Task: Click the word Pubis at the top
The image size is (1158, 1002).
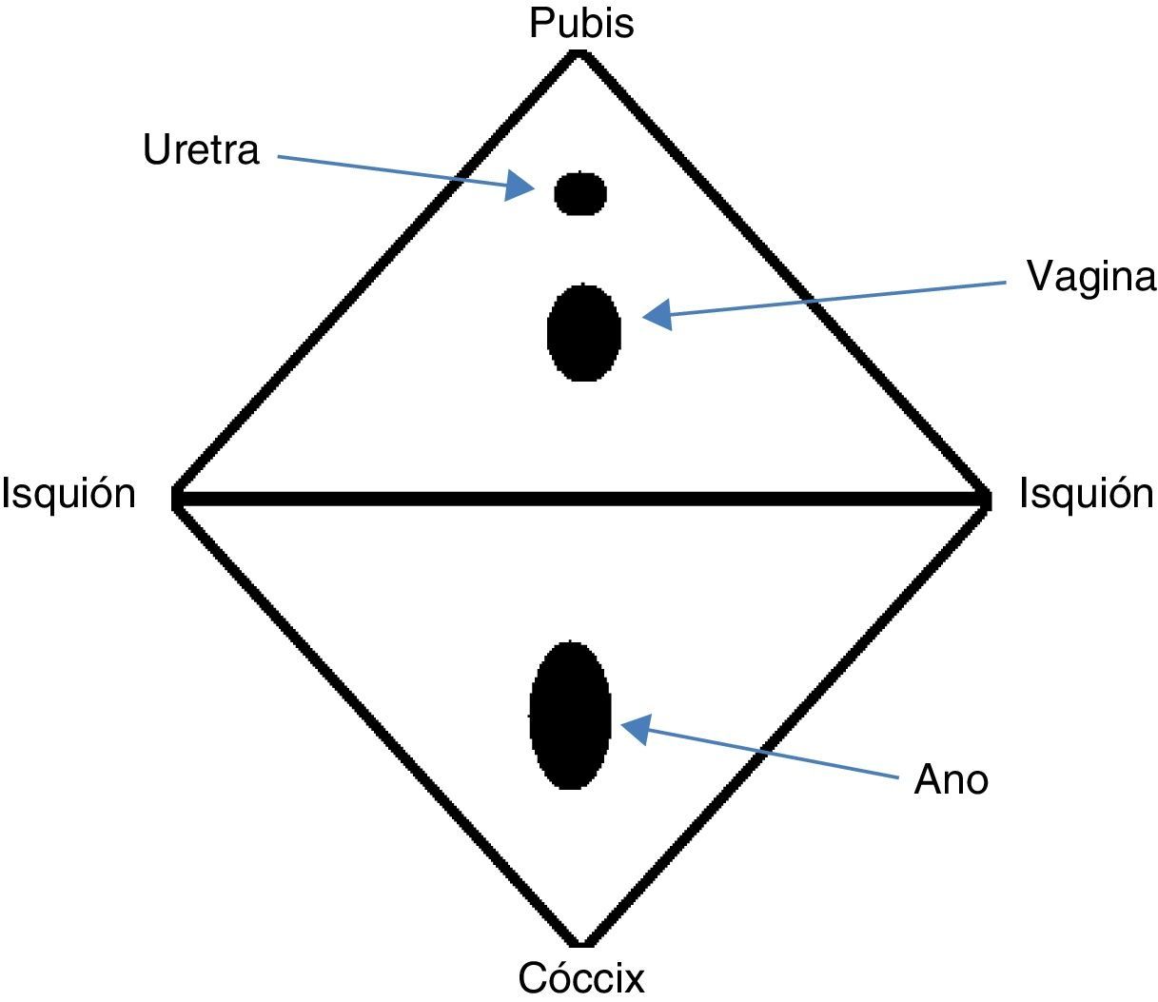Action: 581,23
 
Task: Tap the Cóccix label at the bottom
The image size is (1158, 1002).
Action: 581,977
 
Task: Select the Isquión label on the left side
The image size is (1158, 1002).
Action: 69,494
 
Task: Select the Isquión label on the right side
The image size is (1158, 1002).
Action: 1086,494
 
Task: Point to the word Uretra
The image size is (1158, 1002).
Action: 201,150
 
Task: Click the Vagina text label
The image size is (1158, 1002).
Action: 1090,277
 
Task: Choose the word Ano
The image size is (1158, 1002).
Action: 951,779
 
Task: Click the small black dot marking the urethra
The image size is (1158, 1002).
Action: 580,193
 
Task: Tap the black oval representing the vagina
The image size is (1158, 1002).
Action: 584,332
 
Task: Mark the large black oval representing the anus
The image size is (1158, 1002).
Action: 570,716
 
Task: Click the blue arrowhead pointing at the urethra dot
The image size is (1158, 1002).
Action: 520,186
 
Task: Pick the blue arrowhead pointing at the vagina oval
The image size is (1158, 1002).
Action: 658,314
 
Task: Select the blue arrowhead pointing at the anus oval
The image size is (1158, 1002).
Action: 635,728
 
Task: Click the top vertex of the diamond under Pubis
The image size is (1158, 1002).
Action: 579,53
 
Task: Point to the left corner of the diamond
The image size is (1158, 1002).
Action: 176,498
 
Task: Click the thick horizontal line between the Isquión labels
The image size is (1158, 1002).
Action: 580,498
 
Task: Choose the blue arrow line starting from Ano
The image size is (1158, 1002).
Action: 771,755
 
